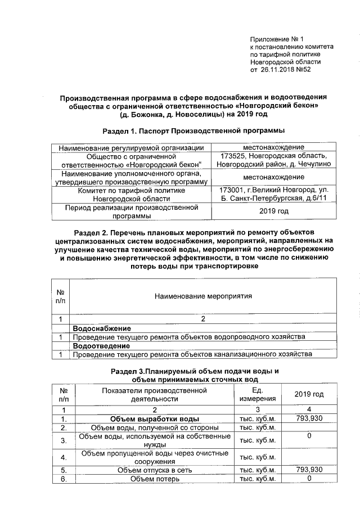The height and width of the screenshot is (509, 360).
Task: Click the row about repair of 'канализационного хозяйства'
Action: click(191, 354)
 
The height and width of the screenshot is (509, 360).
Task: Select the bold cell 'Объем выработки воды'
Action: click(154, 419)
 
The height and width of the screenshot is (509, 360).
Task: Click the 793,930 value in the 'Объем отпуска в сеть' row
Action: click(309, 470)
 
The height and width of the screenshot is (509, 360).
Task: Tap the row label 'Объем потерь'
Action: click(154, 479)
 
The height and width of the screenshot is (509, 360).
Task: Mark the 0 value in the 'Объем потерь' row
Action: click(309, 479)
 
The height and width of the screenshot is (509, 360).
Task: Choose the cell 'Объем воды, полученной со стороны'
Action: click(154, 428)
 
